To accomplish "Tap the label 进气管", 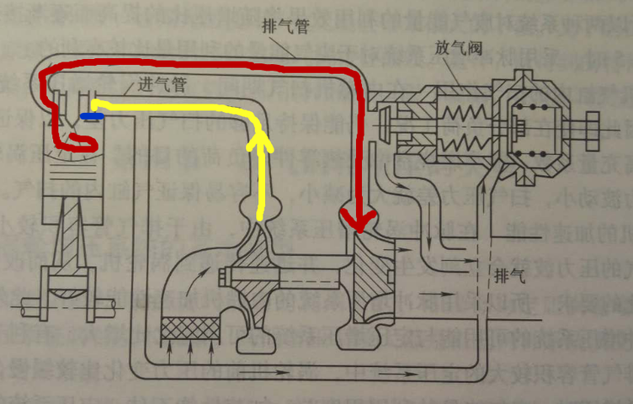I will click(x=157, y=86).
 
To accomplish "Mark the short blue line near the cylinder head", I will click(x=87, y=115).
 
